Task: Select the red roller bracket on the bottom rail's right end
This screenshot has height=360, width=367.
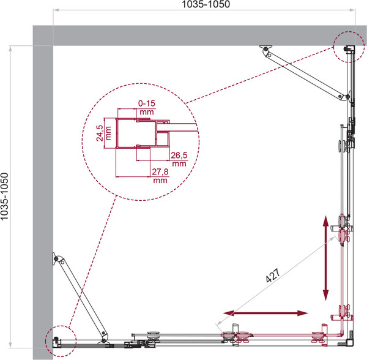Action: [317, 336]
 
